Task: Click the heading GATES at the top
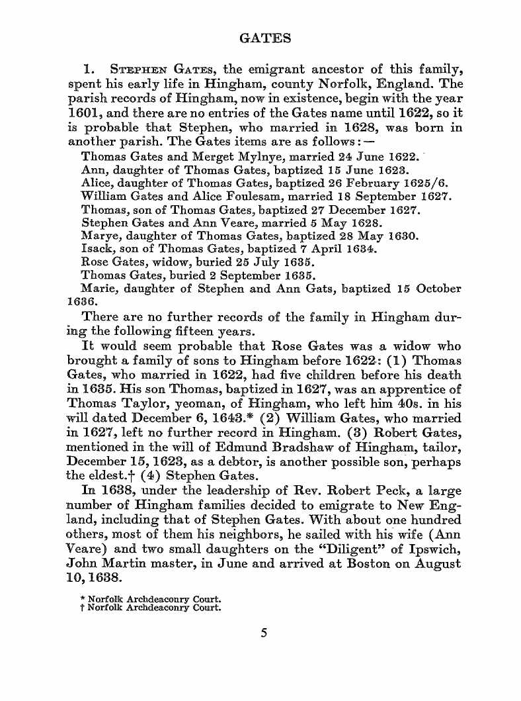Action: point(264,38)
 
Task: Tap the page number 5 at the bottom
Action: point(264,633)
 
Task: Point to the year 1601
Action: point(83,113)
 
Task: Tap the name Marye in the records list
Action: point(98,236)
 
